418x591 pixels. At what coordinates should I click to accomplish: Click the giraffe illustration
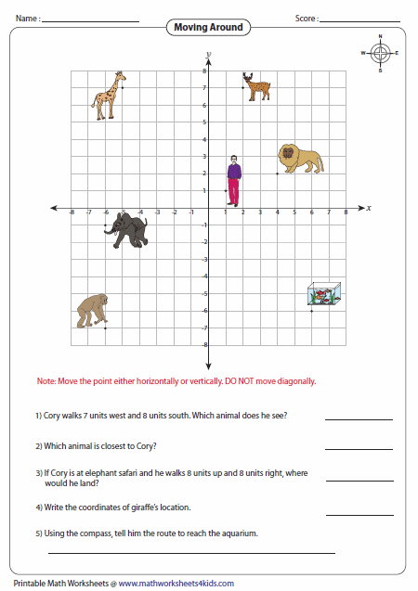pyautogui.click(x=109, y=94)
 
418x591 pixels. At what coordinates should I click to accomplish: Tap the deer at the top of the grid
pyautogui.click(x=255, y=86)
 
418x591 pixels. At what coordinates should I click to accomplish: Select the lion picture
pyautogui.click(x=301, y=160)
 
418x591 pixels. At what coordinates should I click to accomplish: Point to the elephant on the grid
pyautogui.click(x=125, y=230)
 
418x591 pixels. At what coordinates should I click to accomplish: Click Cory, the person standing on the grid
pyautogui.click(x=234, y=181)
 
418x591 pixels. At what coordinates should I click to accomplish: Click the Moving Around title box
pyautogui.click(x=208, y=28)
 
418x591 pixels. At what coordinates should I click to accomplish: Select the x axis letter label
pyautogui.click(x=369, y=208)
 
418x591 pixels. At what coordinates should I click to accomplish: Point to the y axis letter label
pyautogui.click(x=209, y=55)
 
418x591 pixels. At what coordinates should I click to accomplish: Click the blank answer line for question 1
pyautogui.click(x=359, y=419)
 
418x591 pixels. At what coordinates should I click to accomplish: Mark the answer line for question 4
pyautogui.click(x=359, y=514)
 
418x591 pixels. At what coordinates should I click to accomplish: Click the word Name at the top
pyautogui.click(x=25, y=18)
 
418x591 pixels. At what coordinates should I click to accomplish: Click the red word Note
pyautogui.click(x=46, y=381)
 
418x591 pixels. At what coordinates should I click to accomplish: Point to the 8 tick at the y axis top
pyautogui.click(x=203, y=71)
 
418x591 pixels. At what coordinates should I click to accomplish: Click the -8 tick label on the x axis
pyautogui.click(x=72, y=213)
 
